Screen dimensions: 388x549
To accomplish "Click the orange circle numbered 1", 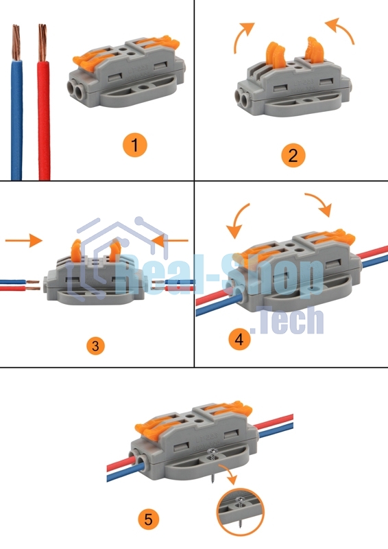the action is coord(134,145).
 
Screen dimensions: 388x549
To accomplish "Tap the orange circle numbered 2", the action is coord(293,155).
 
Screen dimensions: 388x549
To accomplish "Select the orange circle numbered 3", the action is coord(95,346).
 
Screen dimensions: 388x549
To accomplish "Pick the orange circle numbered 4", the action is coord(240,339).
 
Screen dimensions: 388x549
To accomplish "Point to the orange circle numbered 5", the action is coord(148,519).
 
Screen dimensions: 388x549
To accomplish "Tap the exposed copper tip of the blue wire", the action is coord(16,42).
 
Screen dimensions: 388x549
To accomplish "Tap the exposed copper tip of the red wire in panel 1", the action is coord(43,43).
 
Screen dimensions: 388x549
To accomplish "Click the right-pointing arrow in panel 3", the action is coord(24,240).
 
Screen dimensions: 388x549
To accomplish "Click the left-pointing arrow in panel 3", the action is coord(170,241).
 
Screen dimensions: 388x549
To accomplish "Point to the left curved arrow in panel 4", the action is coord(236,220).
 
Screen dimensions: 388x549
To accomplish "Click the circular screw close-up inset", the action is coord(240,512).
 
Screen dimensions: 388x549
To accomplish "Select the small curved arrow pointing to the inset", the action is coord(229,474).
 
